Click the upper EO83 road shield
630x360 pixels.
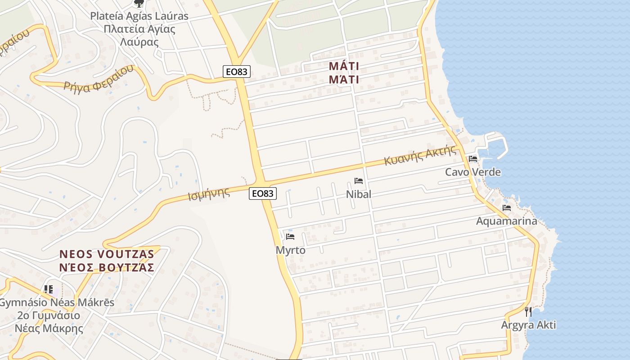tap(236, 71)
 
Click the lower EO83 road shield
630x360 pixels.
tap(262, 193)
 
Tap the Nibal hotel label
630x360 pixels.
tap(359, 194)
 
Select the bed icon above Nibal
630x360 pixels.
tap(359, 181)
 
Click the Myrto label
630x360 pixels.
tap(290, 250)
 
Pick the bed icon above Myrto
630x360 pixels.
tap(290, 237)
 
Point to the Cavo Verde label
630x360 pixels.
tap(472, 172)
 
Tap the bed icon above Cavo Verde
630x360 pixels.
tap(472, 158)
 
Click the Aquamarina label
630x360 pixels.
tap(507, 221)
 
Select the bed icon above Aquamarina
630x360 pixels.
tap(507, 208)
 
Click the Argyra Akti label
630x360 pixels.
tap(529, 325)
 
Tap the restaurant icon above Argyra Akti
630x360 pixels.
tap(528, 311)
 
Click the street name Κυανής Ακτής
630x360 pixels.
tap(420, 156)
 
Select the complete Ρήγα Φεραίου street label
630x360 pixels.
tap(99, 79)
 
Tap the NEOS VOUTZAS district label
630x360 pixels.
tap(107, 254)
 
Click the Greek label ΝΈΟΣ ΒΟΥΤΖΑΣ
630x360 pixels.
tap(107, 268)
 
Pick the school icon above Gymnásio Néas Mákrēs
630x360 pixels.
tap(49, 289)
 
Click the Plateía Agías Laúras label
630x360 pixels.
tap(139, 16)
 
